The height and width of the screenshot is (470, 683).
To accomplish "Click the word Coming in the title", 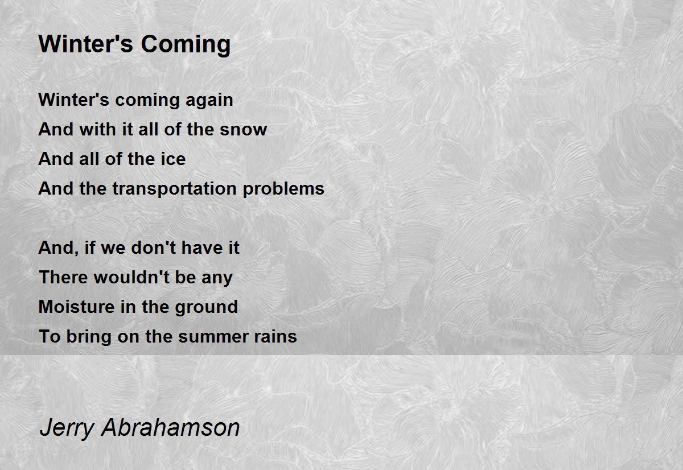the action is pyautogui.click(x=186, y=45).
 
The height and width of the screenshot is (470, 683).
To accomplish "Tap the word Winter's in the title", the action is pyautogui.click(x=86, y=44).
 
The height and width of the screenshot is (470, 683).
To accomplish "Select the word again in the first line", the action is pyautogui.click(x=209, y=101).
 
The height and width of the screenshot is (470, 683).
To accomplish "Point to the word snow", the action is pyautogui.click(x=244, y=129).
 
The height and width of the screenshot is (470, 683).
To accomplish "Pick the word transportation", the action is pyautogui.click(x=174, y=189).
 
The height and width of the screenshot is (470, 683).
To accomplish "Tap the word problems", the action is pyautogui.click(x=283, y=189).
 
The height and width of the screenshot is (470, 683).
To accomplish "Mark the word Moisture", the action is pyautogui.click(x=76, y=307).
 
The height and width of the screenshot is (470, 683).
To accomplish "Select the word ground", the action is pyautogui.click(x=207, y=307).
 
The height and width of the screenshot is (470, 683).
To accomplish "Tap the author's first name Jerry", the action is pyautogui.click(x=67, y=428).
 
